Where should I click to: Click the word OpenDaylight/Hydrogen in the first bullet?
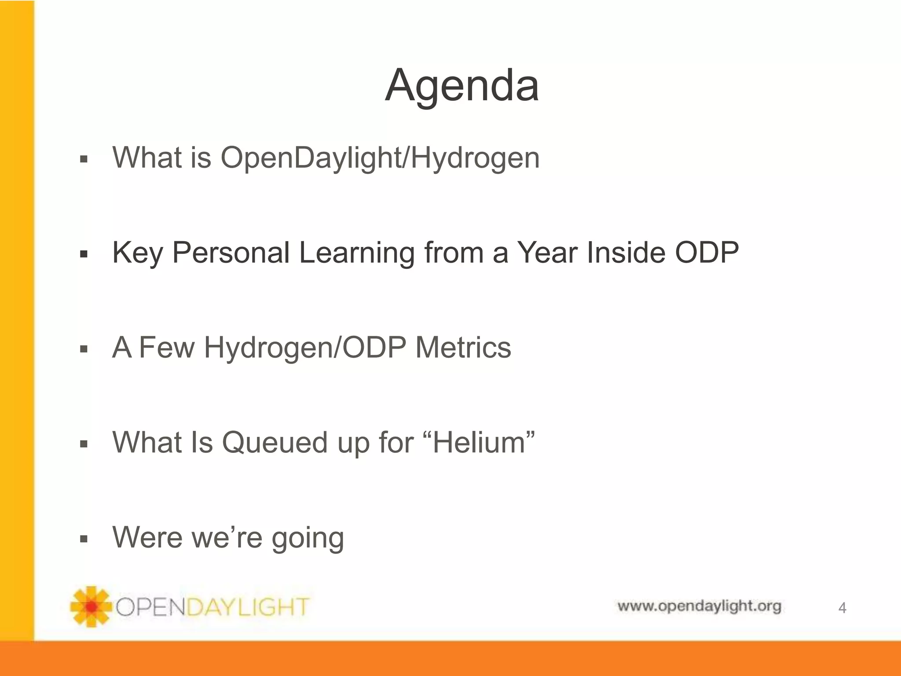pos(380,158)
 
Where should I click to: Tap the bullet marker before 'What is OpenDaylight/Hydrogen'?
pos(84,159)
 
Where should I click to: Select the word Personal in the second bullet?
pos(231,253)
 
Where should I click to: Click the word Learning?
pos(356,253)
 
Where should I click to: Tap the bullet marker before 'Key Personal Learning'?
pos(84,254)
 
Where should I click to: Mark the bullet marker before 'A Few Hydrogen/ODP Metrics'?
pos(84,349)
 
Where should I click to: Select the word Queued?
pos(275,442)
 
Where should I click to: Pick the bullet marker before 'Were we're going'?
pos(84,539)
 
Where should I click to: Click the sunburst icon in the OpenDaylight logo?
pos(91,606)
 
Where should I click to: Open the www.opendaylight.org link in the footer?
pos(699,606)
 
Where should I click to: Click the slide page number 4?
pos(842,608)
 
